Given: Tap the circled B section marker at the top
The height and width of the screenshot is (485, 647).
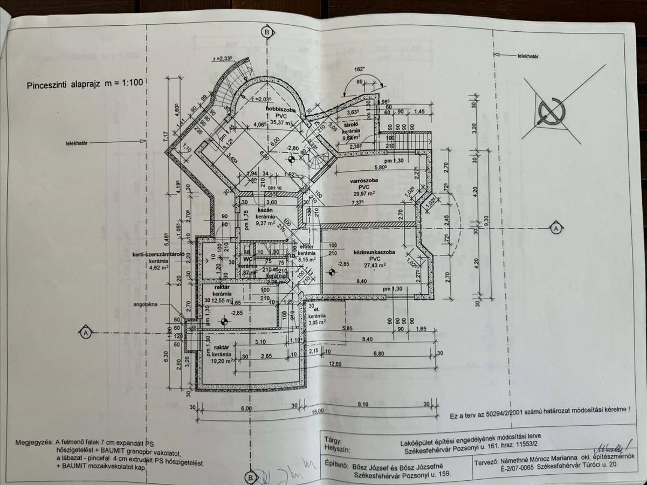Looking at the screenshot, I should (266, 32).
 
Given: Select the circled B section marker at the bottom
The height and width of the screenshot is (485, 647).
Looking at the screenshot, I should (250, 477).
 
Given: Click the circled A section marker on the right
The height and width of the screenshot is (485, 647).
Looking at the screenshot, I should (555, 229).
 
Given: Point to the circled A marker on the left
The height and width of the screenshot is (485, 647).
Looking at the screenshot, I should (85, 333).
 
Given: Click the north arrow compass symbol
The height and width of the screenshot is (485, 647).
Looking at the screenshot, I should (551, 110).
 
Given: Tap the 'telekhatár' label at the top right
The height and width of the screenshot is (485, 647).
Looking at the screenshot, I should (529, 56).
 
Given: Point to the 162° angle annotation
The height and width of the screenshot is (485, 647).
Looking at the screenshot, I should (360, 69).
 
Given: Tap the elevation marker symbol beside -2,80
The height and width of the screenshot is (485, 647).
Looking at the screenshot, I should (292, 159).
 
